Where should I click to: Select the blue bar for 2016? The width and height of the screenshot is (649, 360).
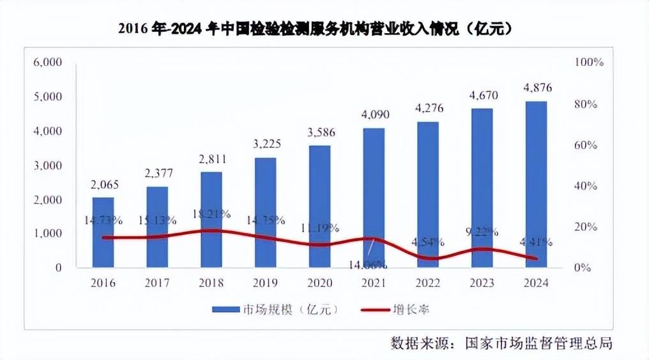pyautogui.click(x=103, y=232)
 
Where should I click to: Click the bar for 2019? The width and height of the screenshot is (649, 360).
pyautogui.click(x=266, y=213)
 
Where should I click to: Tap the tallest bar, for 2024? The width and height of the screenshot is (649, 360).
pyautogui.click(x=536, y=184)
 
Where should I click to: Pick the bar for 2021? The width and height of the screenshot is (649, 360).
pyautogui.click(x=374, y=198)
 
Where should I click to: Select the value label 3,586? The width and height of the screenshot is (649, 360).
pyautogui.click(x=320, y=133)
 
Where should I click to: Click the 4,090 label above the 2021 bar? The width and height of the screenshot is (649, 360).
pyautogui.click(x=374, y=115)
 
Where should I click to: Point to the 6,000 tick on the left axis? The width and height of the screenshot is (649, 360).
pyautogui.click(x=47, y=63)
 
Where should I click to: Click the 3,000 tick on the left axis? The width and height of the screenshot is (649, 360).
pyautogui.click(x=47, y=165)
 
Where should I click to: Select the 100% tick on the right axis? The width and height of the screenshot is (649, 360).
pyautogui.click(x=589, y=63)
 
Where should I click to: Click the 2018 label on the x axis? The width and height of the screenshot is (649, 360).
pyautogui.click(x=211, y=283)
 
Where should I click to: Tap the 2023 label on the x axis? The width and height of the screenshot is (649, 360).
pyautogui.click(x=482, y=283)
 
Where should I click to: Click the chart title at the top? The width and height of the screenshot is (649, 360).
pyautogui.click(x=317, y=30)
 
